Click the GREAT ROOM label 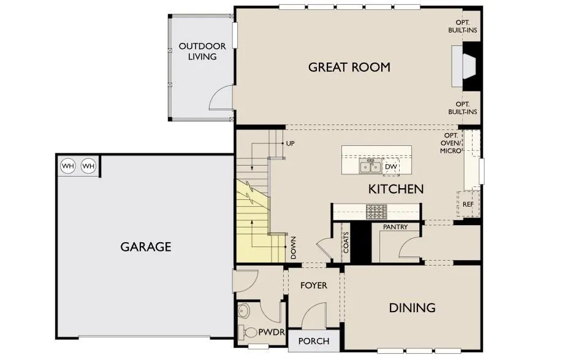point(349,67)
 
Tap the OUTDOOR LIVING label point(202,52)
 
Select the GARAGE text point(146,247)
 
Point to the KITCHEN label point(396,190)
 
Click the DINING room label point(412,308)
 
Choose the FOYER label point(314,285)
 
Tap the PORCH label point(314,341)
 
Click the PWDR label point(272,332)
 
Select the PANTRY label point(395,227)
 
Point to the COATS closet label point(346,242)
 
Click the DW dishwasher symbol point(390,167)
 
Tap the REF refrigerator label point(468,204)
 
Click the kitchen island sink point(370,166)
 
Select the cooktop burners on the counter point(377,212)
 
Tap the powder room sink point(243,311)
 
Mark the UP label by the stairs point(291,143)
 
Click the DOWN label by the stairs point(294,248)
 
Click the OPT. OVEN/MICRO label point(451,143)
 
